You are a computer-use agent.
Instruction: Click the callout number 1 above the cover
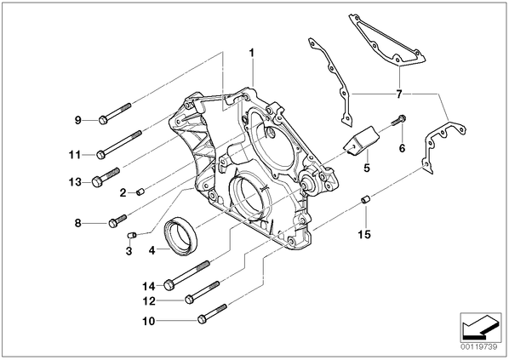pos(252,53)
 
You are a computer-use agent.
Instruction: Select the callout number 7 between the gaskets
pos(399,94)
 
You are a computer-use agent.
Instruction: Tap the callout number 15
pos(364,234)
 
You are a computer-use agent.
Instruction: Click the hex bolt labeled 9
pos(115,112)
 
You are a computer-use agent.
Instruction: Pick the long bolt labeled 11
pos(119,145)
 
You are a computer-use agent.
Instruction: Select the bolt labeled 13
pos(106,177)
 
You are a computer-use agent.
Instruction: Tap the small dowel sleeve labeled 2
pos(140,192)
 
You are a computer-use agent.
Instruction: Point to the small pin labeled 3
pos(131,235)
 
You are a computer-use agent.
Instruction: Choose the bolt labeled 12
pos(202,293)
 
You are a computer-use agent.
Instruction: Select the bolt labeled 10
pos(212,314)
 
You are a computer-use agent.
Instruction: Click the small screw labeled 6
pos(399,121)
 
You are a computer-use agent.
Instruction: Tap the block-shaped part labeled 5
pos(361,140)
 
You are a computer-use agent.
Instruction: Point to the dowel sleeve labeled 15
pos(366,199)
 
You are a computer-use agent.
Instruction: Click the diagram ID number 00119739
pos(478,347)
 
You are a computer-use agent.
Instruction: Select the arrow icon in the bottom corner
pos(481,328)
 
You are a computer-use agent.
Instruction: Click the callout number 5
pos(367,168)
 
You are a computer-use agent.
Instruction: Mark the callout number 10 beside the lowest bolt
pos(149,322)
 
